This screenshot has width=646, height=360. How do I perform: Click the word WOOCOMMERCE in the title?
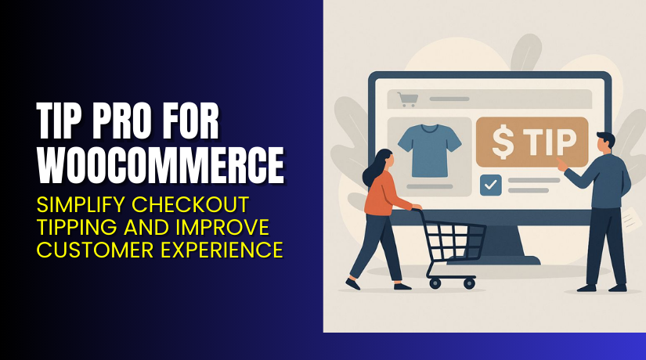(x=161, y=165)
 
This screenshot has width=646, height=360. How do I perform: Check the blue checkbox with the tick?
(x=489, y=185)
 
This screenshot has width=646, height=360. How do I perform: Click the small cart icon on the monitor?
(x=406, y=99)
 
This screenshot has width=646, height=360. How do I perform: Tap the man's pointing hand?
(x=561, y=165)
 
